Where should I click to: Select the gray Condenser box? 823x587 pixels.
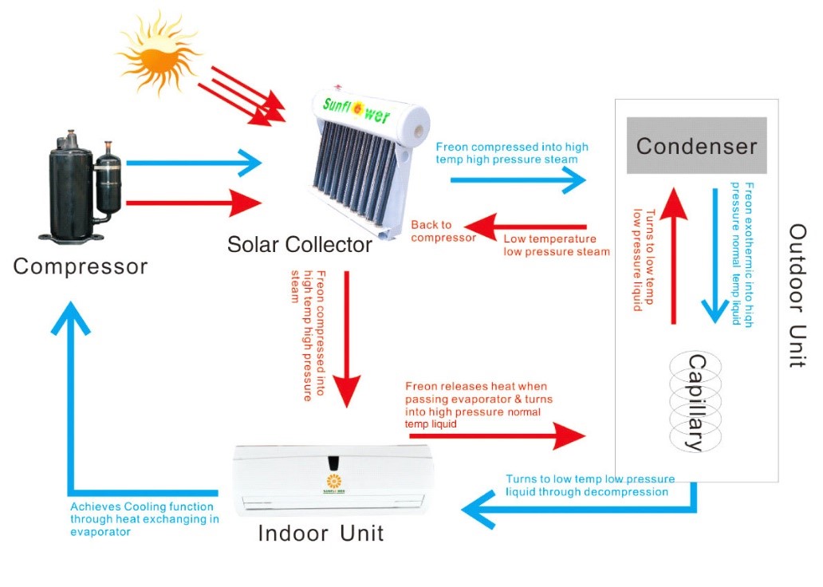(x=696, y=145)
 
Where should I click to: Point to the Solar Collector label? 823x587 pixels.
(x=299, y=244)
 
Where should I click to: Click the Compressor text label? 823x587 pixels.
(x=81, y=266)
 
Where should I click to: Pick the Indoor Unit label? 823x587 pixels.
(x=321, y=533)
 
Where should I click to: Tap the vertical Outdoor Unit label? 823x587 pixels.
(x=797, y=295)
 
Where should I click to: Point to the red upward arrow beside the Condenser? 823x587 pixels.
(x=675, y=255)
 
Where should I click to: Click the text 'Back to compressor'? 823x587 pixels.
(x=443, y=231)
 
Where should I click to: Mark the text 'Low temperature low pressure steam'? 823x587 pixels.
(x=556, y=245)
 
